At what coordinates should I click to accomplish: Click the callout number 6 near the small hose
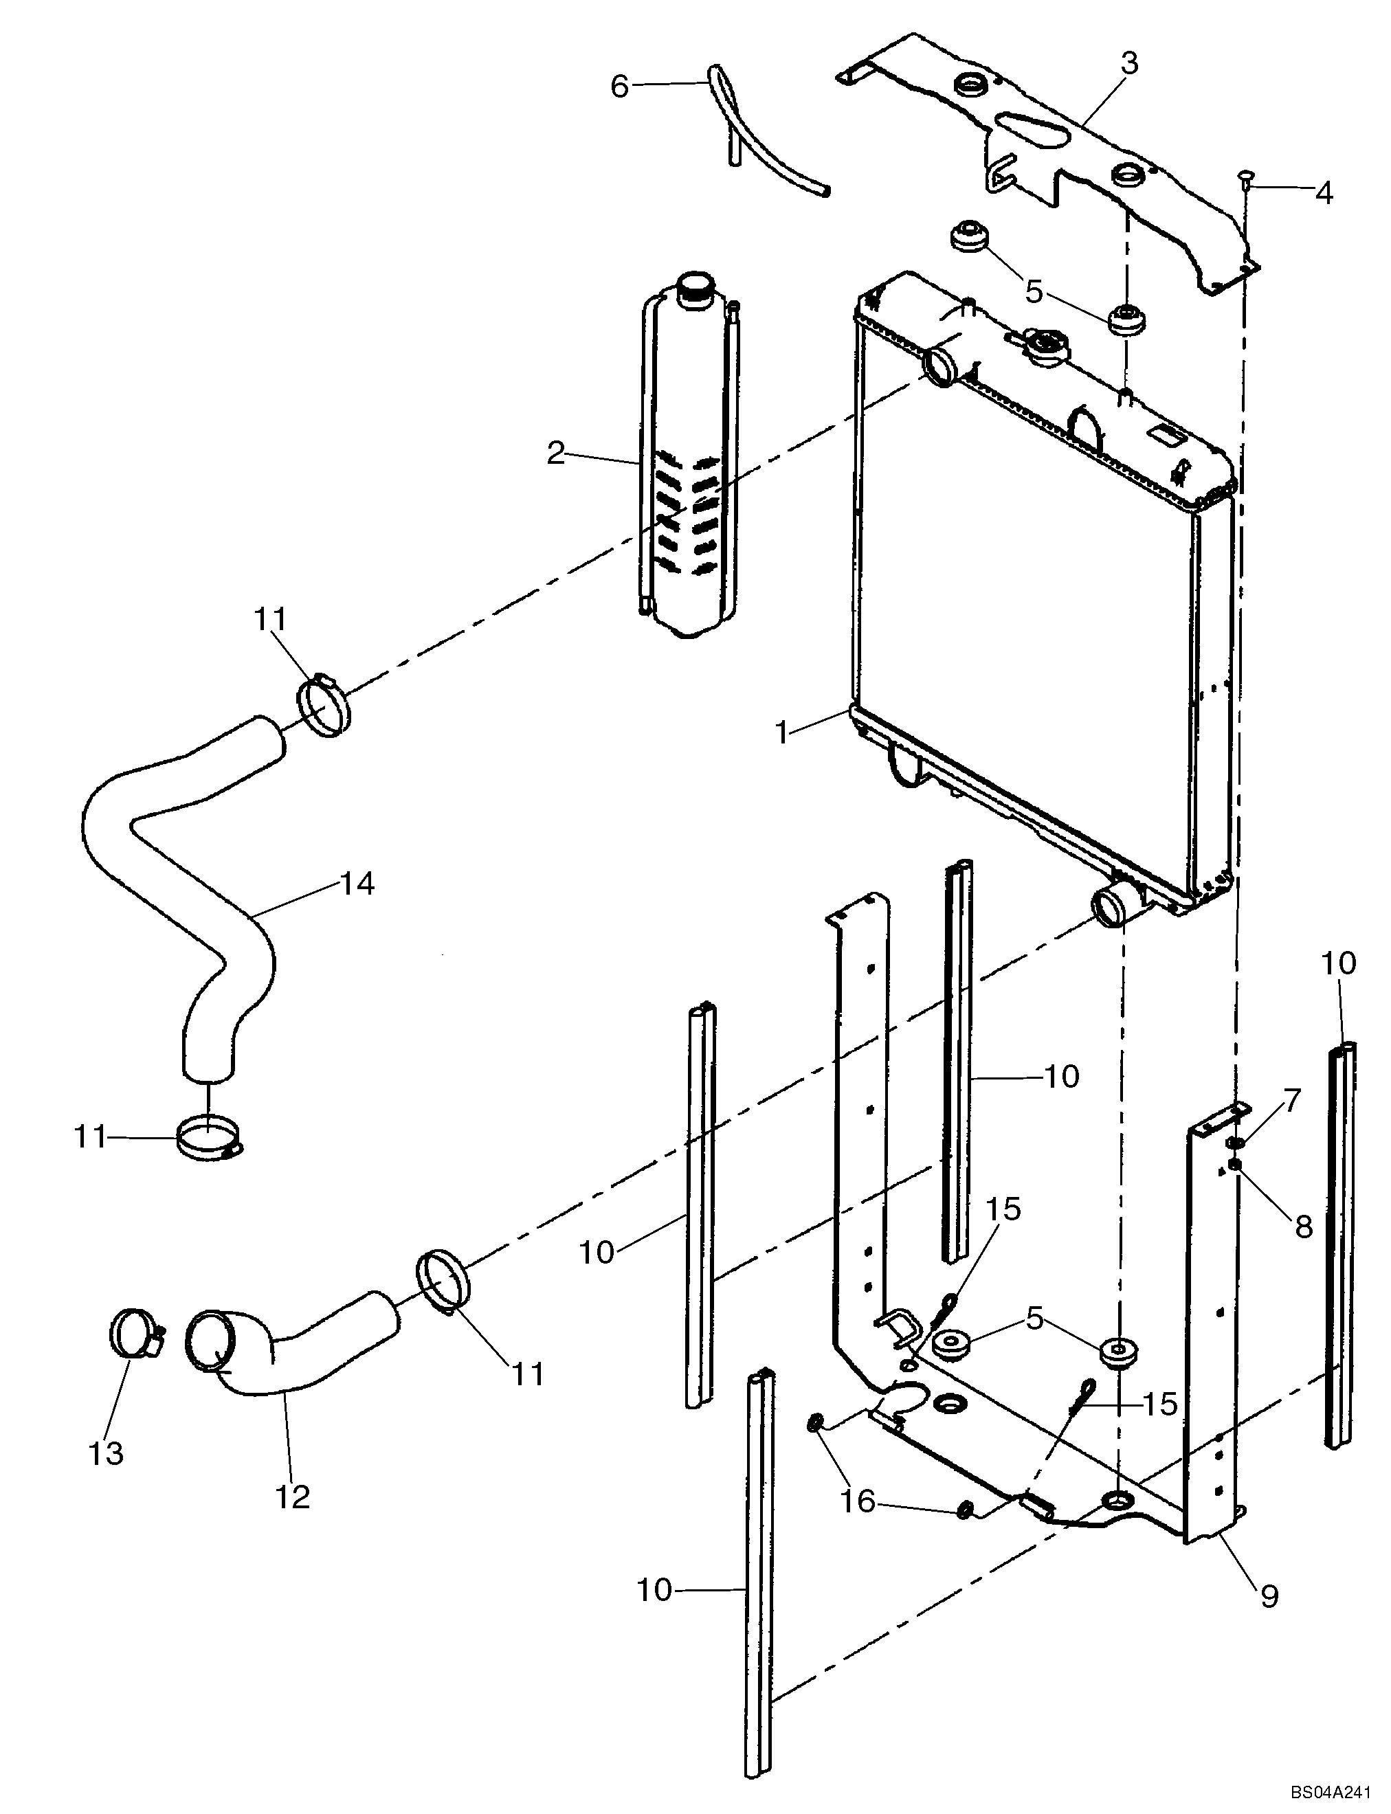[x=620, y=86]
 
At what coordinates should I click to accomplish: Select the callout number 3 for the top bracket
[x=1129, y=63]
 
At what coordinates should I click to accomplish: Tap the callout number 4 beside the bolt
[x=1324, y=193]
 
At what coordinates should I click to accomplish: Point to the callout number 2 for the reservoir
[x=555, y=453]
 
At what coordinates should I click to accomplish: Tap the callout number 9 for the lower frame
[x=1269, y=1595]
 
